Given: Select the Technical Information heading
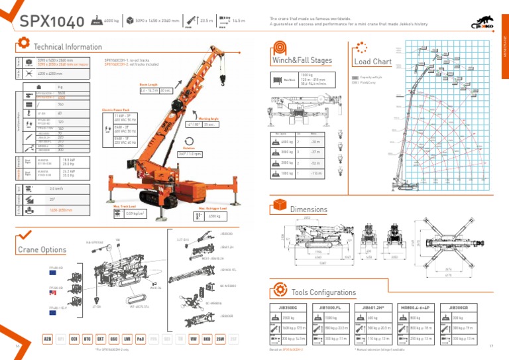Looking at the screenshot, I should click(x=68, y=47).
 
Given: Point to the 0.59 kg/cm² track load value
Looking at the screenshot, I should click(x=135, y=213).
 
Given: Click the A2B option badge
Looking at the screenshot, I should click(x=48, y=338).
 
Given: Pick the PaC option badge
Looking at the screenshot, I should click(x=140, y=338).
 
